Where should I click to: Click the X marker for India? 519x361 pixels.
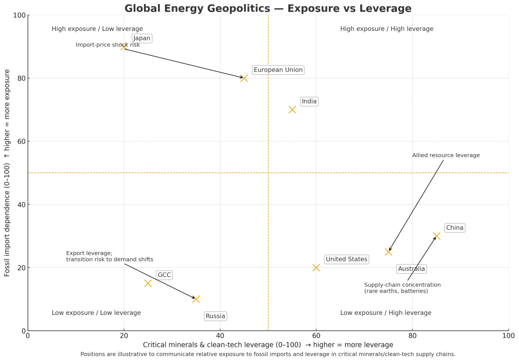click(x=292, y=110)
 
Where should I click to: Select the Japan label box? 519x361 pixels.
click(x=142, y=39)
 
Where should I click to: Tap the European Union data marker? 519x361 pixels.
click(x=244, y=78)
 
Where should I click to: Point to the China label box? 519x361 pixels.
click(x=455, y=228)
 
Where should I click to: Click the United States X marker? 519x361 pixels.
click(x=316, y=267)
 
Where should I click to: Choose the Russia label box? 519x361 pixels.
click(x=215, y=316)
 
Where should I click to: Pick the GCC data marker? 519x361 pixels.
click(x=148, y=283)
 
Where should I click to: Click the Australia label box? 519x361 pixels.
click(x=411, y=269)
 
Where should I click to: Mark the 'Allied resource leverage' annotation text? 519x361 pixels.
click(x=446, y=156)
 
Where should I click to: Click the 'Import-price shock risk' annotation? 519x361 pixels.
click(x=107, y=45)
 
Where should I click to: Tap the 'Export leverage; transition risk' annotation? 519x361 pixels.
click(x=109, y=257)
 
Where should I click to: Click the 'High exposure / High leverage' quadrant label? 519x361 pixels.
click(x=387, y=29)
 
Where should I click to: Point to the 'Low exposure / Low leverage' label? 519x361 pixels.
click(x=96, y=313)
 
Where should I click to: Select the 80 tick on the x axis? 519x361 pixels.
click(x=412, y=336)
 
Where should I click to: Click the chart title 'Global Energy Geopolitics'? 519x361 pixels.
click(x=268, y=8)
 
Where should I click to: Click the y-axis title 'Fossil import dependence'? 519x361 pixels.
click(x=8, y=173)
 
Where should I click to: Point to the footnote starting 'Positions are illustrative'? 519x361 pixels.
click(x=268, y=354)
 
